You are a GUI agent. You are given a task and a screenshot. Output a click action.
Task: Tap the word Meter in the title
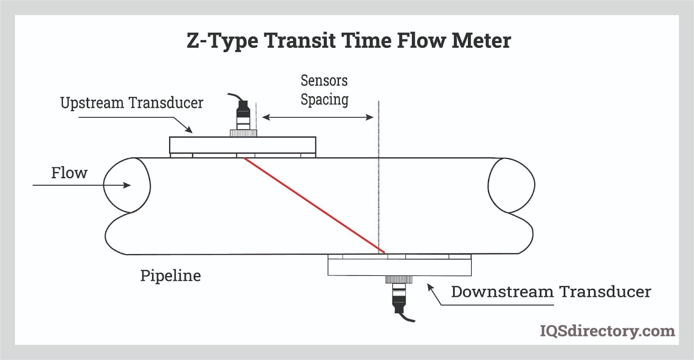(x=481, y=40)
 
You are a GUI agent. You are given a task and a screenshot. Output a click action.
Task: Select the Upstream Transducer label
(x=131, y=103)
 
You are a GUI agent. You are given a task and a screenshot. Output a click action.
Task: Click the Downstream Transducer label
(x=550, y=292)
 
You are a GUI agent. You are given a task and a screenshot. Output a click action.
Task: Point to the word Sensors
(x=324, y=81)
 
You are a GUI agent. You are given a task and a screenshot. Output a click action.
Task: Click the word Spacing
(x=324, y=100)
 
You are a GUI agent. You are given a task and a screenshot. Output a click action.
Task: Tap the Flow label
(x=69, y=173)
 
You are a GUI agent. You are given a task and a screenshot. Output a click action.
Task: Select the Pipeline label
(x=170, y=276)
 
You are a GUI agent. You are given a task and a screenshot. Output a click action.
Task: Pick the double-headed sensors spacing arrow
(x=318, y=117)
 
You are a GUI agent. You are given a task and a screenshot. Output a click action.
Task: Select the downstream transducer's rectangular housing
(x=399, y=267)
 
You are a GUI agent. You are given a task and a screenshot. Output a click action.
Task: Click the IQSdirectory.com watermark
(x=607, y=331)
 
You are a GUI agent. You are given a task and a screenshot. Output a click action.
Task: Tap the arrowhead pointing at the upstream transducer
(x=189, y=129)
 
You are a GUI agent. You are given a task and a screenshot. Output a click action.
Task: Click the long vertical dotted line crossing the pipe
(x=379, y=182)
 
